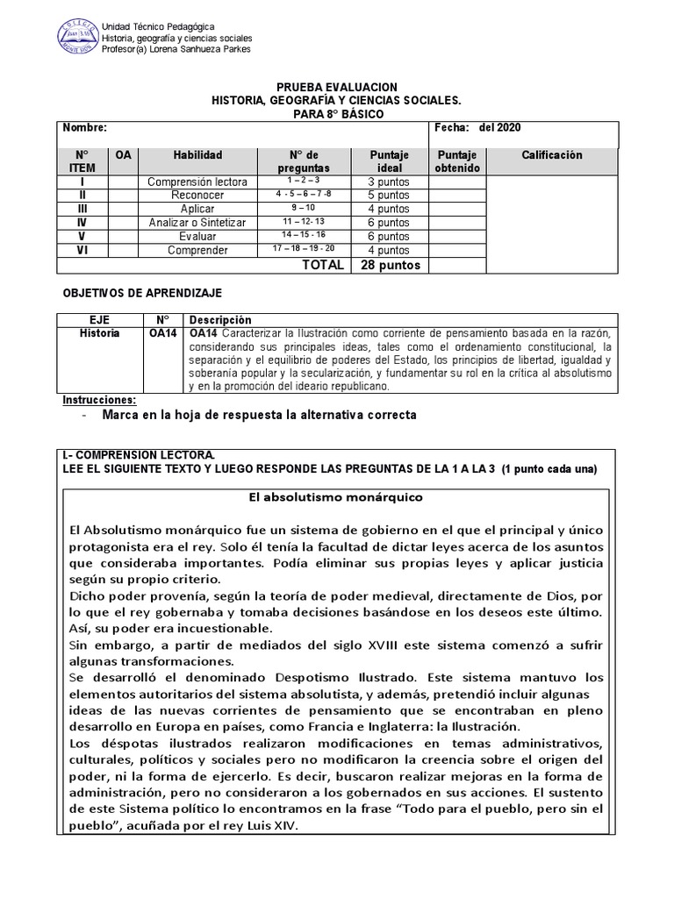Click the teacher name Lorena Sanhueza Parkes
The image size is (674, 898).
pyautogui.click(x=203, y=49)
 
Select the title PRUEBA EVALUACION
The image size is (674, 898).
pyautogui.click(x=337, y=88)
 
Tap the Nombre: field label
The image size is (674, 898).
pyautogui.click(x=84, y=128)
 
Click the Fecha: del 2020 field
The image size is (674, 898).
pyautogui.click(x=477, y=128)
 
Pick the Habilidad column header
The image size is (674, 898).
pyautogui.click(x=197, y=155)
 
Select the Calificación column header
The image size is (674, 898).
pyautogui.click(x=552, y=155)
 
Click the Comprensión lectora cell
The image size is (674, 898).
pyautogui.click(x=197, y=182)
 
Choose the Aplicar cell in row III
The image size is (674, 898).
pyautogui.click(x=197, y=210)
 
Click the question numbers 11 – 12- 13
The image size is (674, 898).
pyautogui.click(x=303, y=223)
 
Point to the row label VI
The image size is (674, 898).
pyautogui.click(x=82, y=250)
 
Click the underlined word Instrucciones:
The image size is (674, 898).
pyautogui.click(x=99, y=400)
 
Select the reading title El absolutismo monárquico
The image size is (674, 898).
pyautogui.click(x=336, y=497)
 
